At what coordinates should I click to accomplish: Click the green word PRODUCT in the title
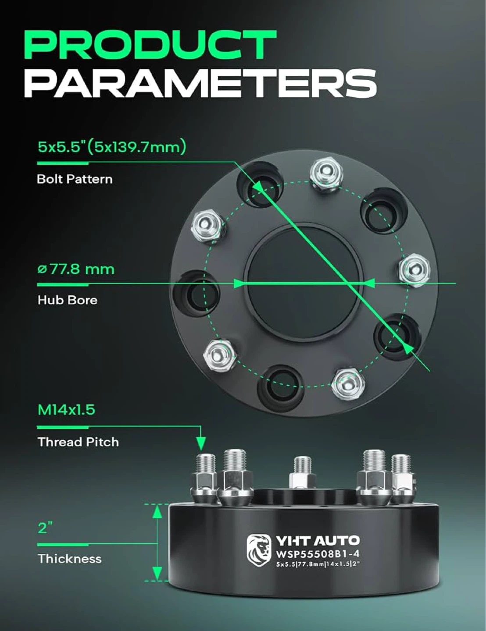click(150, 45)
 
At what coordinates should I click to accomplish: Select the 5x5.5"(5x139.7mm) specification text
click(111, 147)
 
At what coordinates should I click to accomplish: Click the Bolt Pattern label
click(75, 179)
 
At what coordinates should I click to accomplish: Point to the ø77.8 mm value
click(76, 269)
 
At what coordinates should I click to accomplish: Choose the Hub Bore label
click(68, 300)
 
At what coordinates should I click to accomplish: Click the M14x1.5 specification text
click(66, 410)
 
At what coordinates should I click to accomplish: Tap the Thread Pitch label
click(78, 442)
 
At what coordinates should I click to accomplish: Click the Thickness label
click(70, 559)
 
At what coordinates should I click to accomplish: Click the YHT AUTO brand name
click(318, 541)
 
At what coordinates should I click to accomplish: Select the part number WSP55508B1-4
click(318, 554)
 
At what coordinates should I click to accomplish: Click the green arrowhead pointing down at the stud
click(200, 443)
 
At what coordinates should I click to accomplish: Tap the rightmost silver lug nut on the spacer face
click(414, 270)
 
